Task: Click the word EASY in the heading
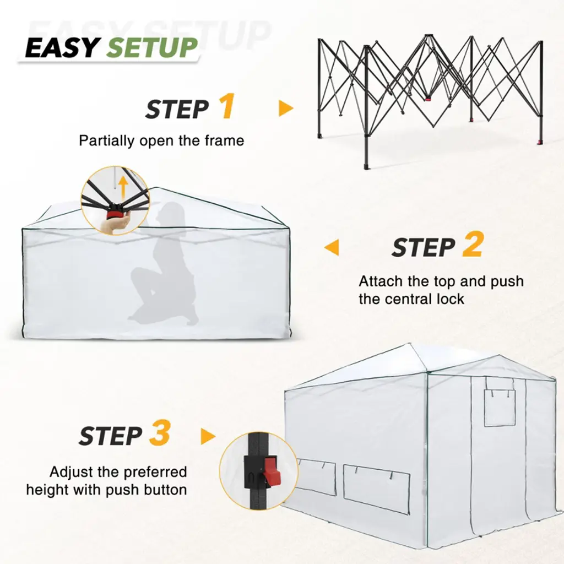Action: click(62, 47)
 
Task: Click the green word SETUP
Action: click(152, 47)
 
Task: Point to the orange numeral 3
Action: click(160, 433)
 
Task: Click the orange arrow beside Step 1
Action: click(286, 109)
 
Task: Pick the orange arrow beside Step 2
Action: click(331, 247)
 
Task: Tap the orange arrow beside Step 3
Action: click(208, 436)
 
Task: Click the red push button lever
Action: click(272, 471)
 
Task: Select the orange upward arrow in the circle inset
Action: click(123, 188)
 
